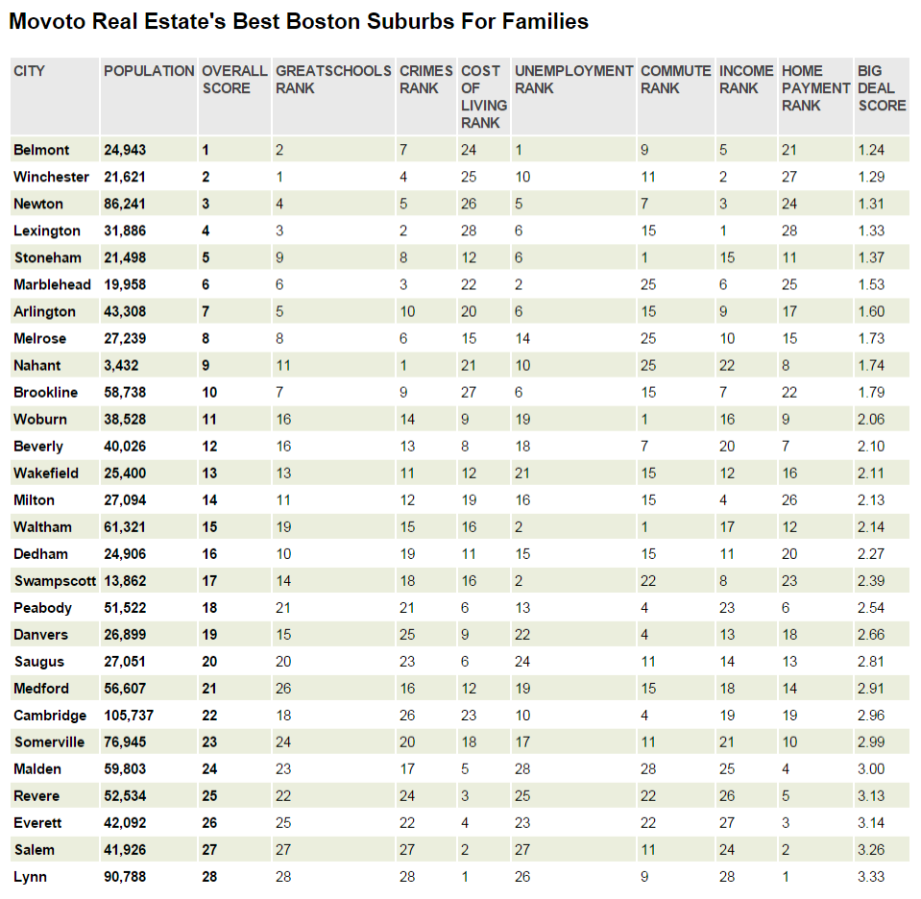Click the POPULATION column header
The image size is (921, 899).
click(149, 71)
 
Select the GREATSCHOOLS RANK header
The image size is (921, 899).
click(332, 79)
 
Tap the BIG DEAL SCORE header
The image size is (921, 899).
click(882, 87)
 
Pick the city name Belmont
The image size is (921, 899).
click(41, 150)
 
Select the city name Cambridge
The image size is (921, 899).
click(50, 716)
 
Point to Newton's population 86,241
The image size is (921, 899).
click(125, 204)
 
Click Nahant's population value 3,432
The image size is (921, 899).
click(121, 366)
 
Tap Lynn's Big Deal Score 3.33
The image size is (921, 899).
click(871, 877)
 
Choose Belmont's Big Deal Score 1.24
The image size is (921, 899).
click(871, 150)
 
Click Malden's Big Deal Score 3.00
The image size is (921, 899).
click(871, 769)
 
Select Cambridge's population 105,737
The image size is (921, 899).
click(129, 716)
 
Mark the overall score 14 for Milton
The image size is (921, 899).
click(210, 500)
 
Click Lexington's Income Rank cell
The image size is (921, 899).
click(723, 231)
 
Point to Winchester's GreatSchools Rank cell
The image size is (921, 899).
click(279, 177)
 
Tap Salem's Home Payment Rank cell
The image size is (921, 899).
click(786, 850)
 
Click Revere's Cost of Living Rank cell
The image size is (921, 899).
click(465, 796)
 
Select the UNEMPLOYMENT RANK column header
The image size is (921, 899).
click(573, 79)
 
